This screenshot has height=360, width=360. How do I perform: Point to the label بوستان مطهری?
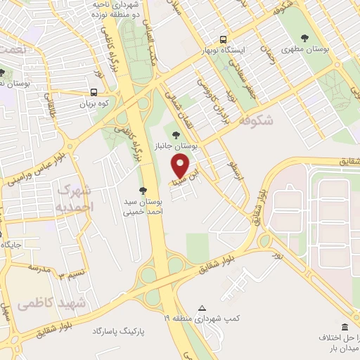click(305, 49)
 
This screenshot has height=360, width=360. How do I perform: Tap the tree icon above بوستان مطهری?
click(304, 38)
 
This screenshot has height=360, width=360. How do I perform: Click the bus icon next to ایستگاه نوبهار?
click(223, 39)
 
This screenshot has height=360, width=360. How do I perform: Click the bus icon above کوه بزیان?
click(94, 92)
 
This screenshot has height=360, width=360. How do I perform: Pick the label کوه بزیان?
click(94, 103)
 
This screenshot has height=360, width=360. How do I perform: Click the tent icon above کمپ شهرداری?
click(202, 309)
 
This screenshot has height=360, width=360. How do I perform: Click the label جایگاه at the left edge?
click(12, 245)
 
